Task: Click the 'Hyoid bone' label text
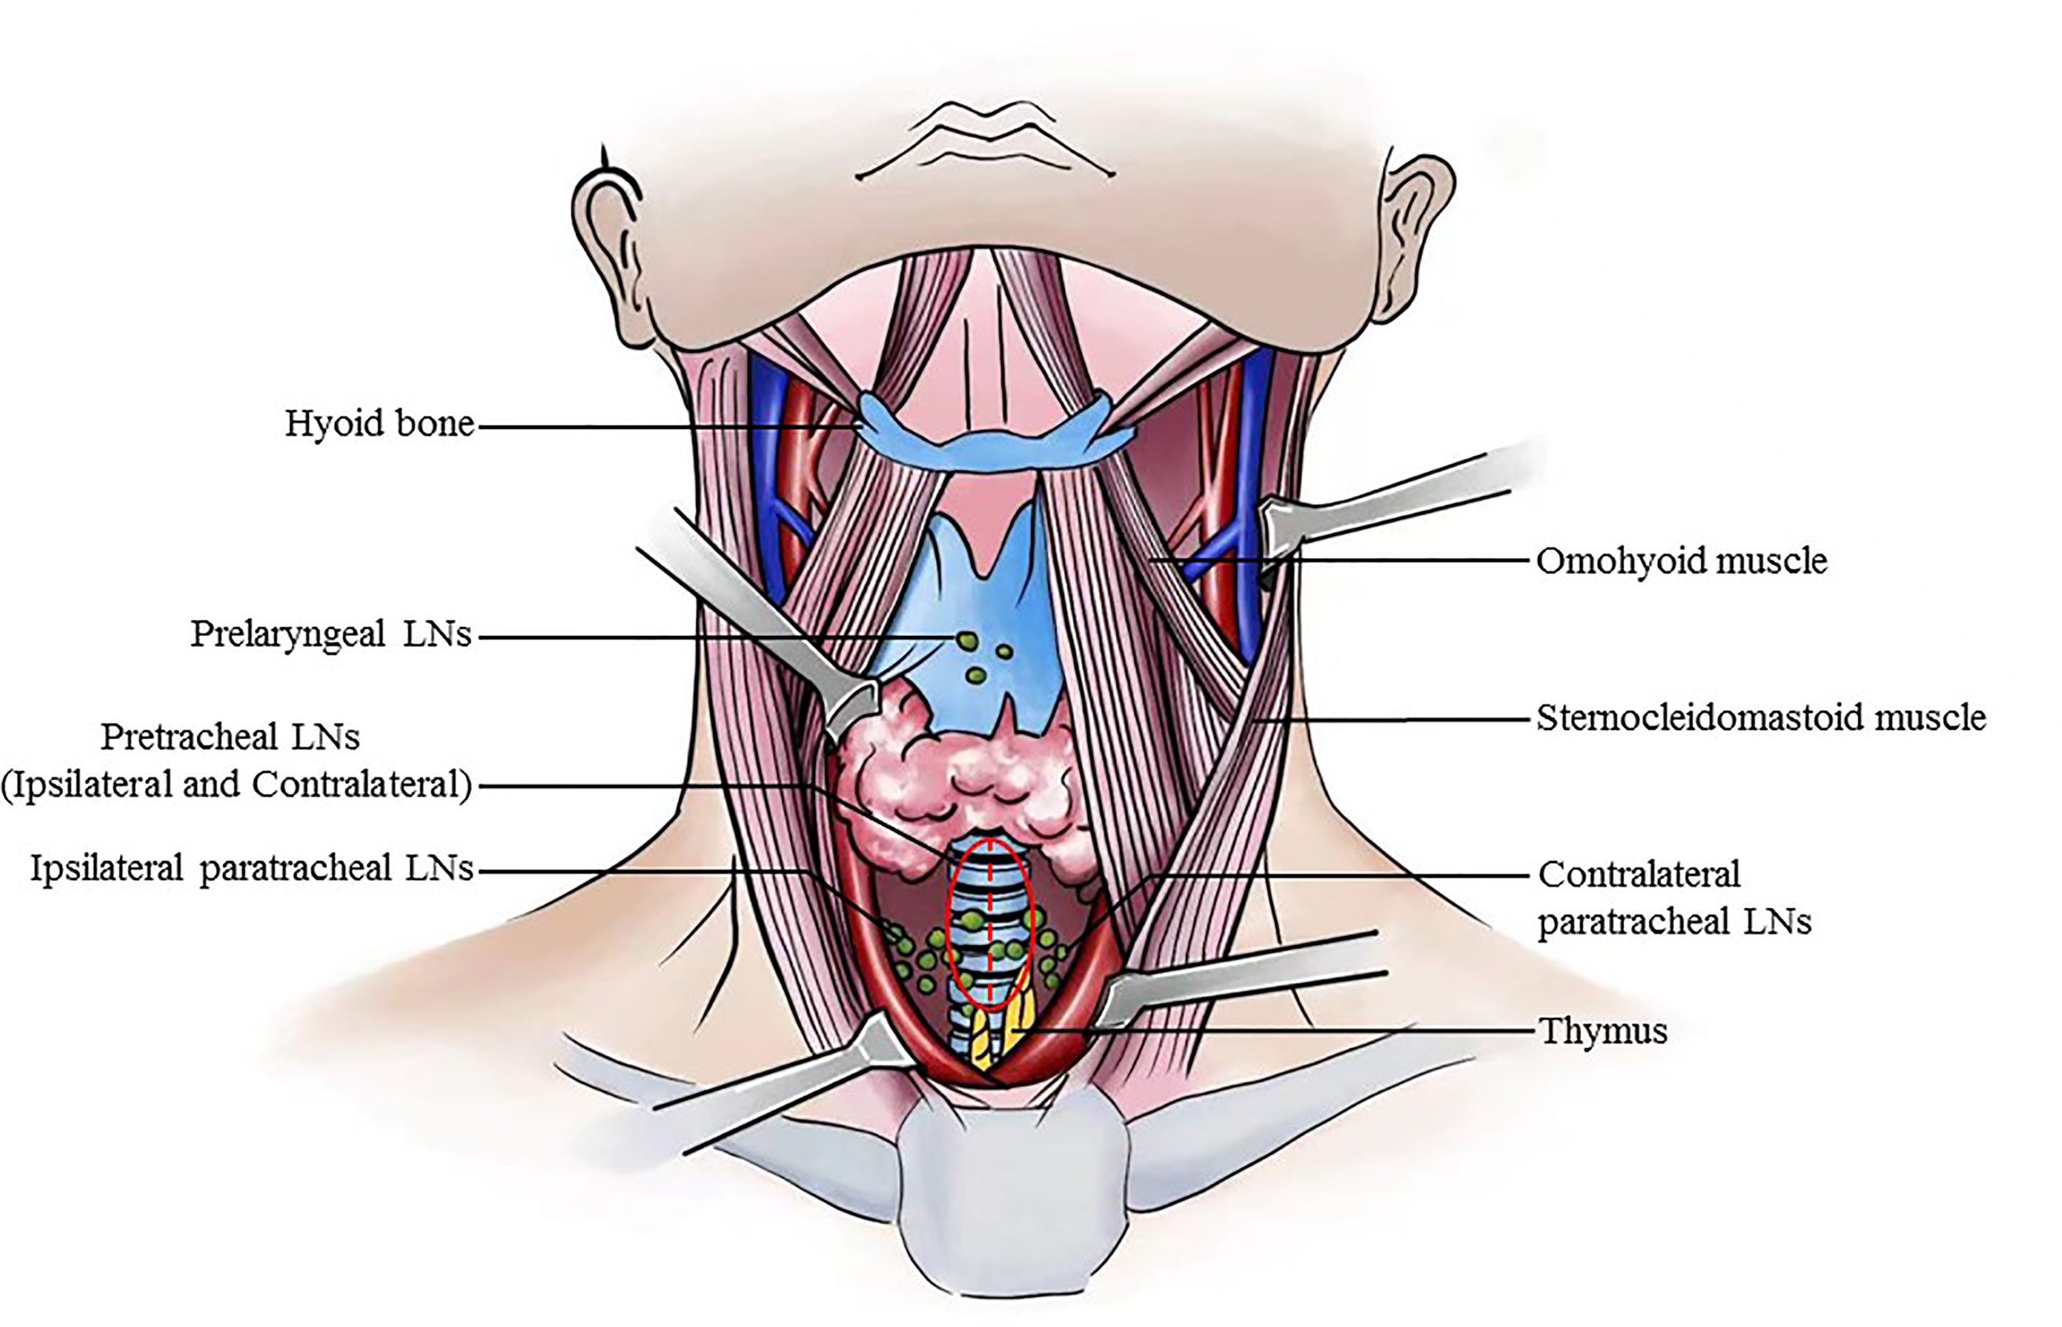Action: click(x=379, y=424)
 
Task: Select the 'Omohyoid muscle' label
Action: click(x=1681, y=561)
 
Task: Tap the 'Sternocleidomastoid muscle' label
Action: click(x=1760, y=718)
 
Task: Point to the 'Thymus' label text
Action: click(x=1603, y=1031)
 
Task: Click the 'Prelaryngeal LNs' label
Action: click(x=331, y=635)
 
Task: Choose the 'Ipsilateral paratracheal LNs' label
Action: click(x=252, y=868)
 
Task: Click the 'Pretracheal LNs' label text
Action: click(x=230, y=737)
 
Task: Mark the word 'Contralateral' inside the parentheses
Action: click(x=362, y=785)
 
